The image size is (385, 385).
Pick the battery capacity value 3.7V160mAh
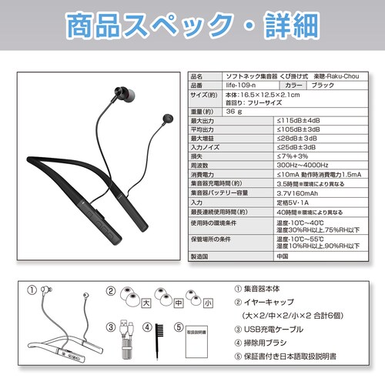[x=302, y=192]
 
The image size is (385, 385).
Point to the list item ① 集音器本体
[x=266, y=290]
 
